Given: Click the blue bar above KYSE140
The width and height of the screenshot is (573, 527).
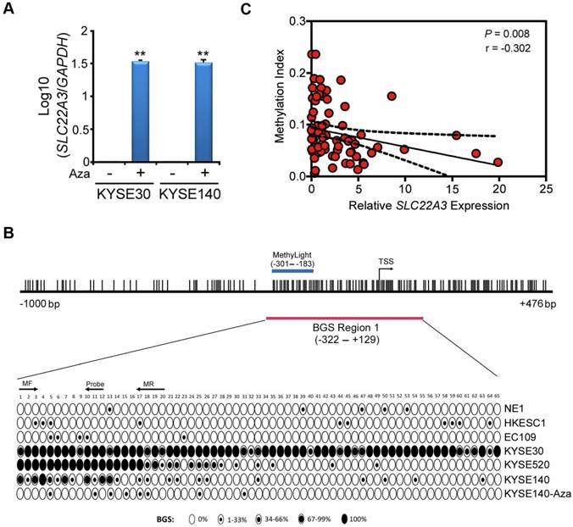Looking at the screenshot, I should click(203, 111).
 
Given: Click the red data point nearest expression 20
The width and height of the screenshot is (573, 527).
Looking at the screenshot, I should click(498, 162).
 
